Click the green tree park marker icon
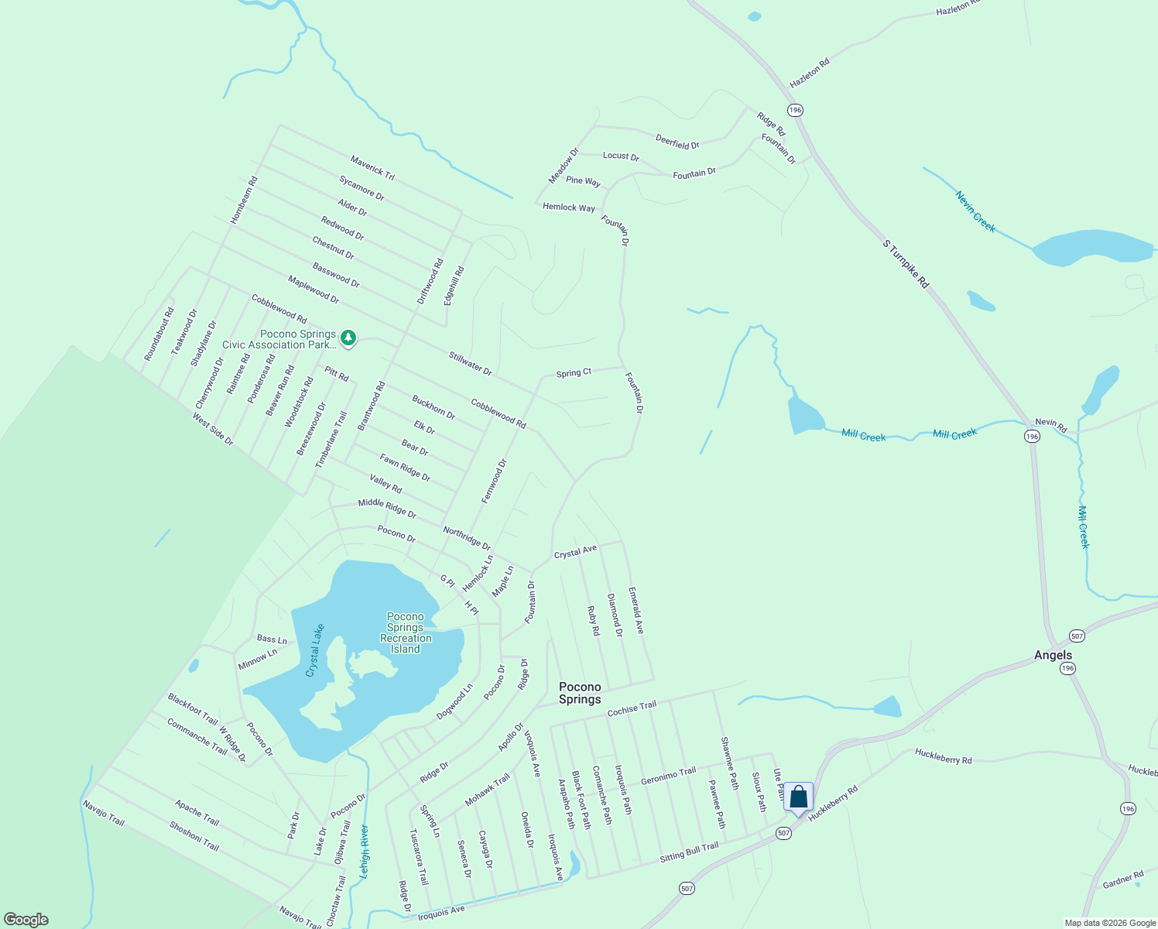pos(348,338)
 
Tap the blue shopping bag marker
pos(798,797)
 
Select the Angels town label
pos(1053,655)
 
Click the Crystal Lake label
pos(315,650)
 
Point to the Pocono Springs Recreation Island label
pos(406,633)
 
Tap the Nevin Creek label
pos(975,211)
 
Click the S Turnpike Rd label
pos(906,264)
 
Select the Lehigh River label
pos(364,851)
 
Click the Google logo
pos(26,920)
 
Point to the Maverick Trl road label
pos(372,168)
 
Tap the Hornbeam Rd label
pos(244,200)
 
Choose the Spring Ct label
pos(574,373)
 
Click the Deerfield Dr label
pos(677,142)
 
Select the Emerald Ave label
pos(636,610)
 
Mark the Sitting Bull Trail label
pos(689,852)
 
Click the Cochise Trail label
pos(632,708)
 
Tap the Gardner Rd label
pos(1123,879)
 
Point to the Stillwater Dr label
pos(470,364)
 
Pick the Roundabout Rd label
pos(159,334)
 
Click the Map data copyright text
pos(1110,923)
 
